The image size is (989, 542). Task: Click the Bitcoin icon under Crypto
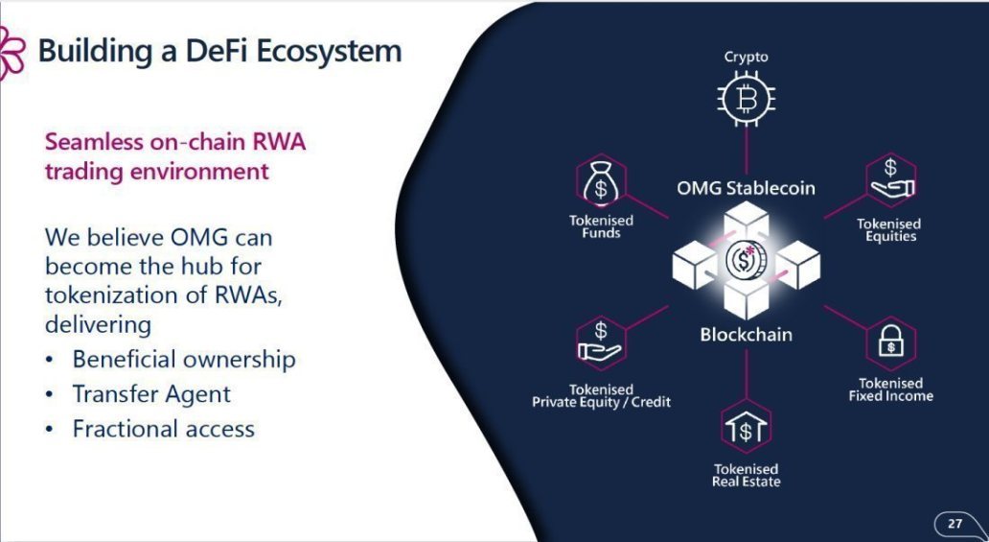[x=747, y=99]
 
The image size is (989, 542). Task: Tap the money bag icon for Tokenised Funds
[x=601, y=182]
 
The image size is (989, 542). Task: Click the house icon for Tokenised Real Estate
[x=747, y=427]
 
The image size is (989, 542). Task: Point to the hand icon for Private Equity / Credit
[x=600, y=342]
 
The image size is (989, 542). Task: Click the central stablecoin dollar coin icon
[x=746, y=260]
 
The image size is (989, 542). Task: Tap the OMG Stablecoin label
[x=746, y=188]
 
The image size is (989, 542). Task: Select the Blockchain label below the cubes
[x=747, y=334]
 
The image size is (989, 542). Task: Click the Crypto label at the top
[x=747, y=57]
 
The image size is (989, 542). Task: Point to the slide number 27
[x=954, y=523]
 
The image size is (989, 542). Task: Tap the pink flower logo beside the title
[x=11, y=53]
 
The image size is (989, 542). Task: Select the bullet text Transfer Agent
[x=151, y=394]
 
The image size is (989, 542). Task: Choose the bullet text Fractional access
[x=163, y=429]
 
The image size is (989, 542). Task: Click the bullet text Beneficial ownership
[x=184, y=360]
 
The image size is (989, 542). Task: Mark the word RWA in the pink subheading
[x=279, y=142]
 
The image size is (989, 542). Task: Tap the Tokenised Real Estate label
[x=747, y=475]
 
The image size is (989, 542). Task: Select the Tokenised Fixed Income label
[x=890, y=389]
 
